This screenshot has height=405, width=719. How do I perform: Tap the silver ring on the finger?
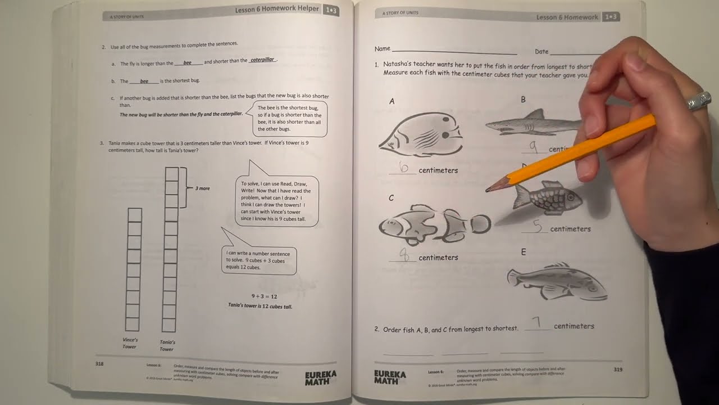point(699,101)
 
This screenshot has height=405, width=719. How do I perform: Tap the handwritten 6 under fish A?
point(403,168)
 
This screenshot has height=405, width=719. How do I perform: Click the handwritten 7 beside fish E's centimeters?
point(537,323)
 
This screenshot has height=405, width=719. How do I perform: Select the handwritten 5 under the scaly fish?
point(538,226)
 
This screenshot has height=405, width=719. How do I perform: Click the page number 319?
point(617,370)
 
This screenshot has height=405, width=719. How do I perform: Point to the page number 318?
point(99,364)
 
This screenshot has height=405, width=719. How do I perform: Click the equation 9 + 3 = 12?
point(264,296)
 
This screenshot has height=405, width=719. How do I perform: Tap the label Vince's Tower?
point(130,343)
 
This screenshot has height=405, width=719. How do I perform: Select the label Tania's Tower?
point(167,345)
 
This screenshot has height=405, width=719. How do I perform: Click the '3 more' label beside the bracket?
point(202,188)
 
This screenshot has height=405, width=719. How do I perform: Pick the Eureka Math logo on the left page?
point(321,377)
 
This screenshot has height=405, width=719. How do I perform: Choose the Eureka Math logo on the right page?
point(390,377)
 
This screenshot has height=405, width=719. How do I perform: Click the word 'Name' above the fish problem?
point(383,49)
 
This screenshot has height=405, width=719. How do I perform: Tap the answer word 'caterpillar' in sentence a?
point(262,60)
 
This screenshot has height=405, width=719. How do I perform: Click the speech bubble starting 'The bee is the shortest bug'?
point(289,119)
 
